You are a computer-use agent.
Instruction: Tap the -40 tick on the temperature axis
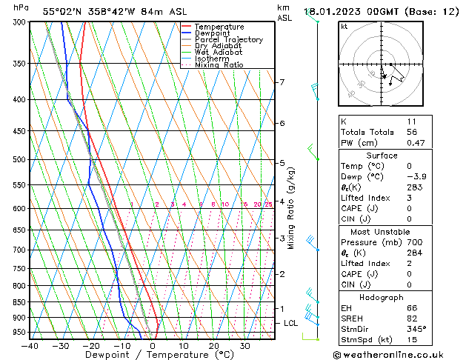(x=30, y=346)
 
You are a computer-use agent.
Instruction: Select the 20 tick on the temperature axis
(x=213, y=346)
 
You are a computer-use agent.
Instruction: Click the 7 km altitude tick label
(x=282, y=82)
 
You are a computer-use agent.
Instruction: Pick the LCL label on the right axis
(x=291, y=323)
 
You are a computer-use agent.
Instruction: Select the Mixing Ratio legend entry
(x=219, y=65)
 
